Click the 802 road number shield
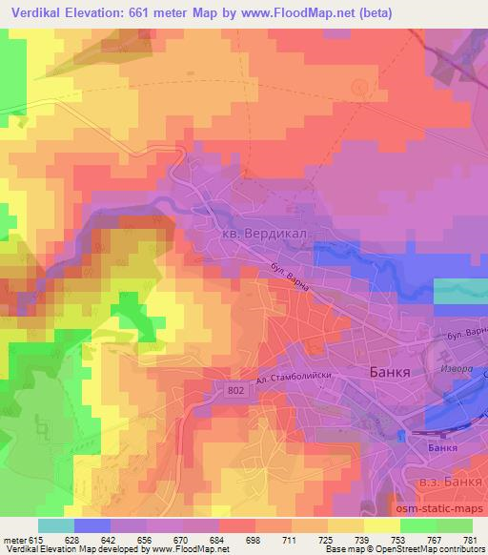tap(236, 389)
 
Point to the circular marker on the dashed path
tap(358, 87)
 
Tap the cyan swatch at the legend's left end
tap(55, 524)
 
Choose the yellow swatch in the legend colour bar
tap(381, 524)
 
